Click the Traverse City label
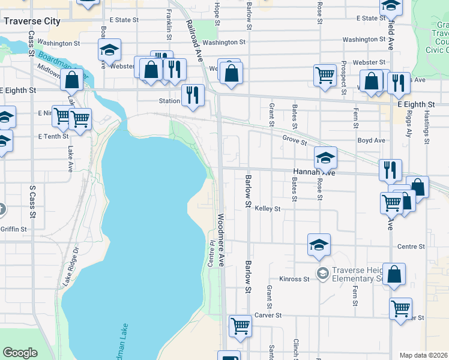tap(32, 21)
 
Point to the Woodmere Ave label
tap(221, 240)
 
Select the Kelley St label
tap(268, 209)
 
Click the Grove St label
tap(295, 143)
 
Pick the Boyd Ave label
tap(371, 140)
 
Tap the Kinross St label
tap(294, 279)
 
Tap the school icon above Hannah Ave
tap(326, 157)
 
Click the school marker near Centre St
tap(318, 244)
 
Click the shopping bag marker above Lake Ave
tap(72, 80)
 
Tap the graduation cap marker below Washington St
tap(109, 49)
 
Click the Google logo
tap(20, 353)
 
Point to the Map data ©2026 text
tap(423, 355)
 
